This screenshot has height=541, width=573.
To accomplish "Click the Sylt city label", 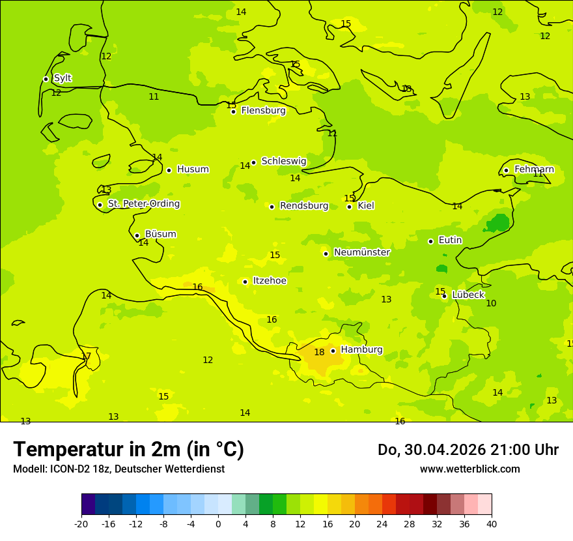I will click(x=63, y=78).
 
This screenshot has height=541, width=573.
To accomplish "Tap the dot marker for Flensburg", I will click(x=233, y=111).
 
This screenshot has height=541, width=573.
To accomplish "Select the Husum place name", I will click(x=193, y=169).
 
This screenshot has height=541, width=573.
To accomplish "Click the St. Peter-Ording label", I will click(x=143, y=204).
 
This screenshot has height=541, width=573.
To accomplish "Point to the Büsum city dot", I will click(x=137, y=235).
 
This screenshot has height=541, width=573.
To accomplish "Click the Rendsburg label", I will click(x=304, y=206).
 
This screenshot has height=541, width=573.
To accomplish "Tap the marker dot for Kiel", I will click(x=349, y=207).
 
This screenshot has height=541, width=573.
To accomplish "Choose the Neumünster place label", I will click(x=361, y=252).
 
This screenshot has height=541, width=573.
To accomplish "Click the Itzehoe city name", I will click(x=270, y=281).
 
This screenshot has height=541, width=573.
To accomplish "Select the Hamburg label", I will click(x=361, y=350).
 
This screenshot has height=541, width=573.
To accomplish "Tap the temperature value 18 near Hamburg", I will click(x=319, y=353).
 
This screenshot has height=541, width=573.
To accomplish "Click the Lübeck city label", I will click(x=468, y=295).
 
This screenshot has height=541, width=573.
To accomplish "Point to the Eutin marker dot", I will click(x=430, y=241).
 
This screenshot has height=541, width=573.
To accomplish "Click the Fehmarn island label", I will click(x=534, y=169).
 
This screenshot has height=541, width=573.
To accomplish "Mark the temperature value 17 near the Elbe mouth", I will click(x=86, y=357).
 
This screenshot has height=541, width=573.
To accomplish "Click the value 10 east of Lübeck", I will click(x=491, y=304).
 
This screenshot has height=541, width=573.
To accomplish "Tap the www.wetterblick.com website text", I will click(x=469, y=469).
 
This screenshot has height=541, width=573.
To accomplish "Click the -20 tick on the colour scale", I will click(x=81, y=523).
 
